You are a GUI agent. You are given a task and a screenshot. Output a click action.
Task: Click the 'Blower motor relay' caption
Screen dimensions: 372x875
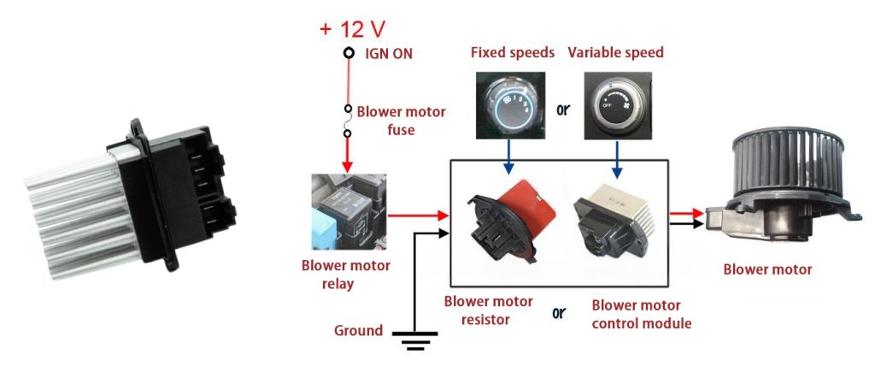click(x=345, y=275)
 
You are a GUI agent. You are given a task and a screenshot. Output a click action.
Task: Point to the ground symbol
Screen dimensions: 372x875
click(x=415, y=340)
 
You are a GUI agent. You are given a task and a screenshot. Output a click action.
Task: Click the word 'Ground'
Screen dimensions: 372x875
click(x=358, y=330)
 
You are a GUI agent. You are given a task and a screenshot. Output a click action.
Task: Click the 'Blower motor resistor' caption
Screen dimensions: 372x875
click(x=488, y=310)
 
